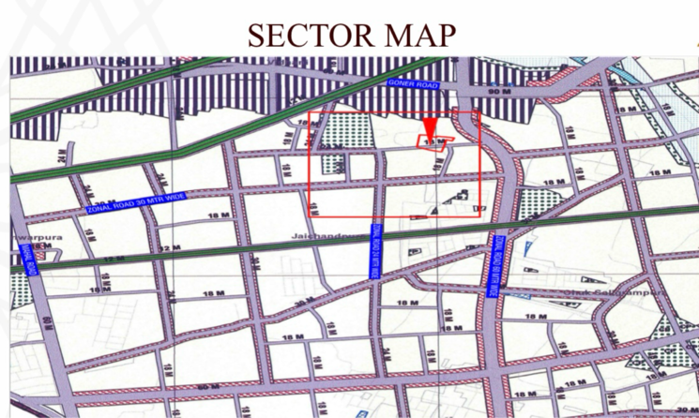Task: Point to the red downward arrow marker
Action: pyautogui.click(x=430, y=128)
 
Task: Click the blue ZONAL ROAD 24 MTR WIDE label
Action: pyautogui.click(x=376, y=249)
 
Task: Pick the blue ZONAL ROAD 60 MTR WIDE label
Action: pyautogui.click(x=494, y=266)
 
